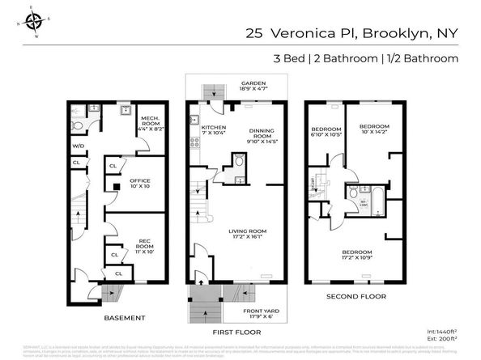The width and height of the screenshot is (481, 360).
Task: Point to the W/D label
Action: [x=78, y=146]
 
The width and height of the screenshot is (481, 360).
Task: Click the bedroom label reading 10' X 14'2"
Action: [x=375, y=129]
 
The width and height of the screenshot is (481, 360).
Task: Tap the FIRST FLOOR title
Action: [x=234, y=332]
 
